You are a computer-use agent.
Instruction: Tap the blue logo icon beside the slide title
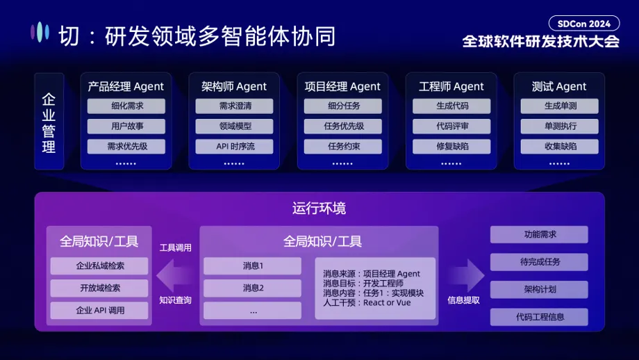[40, 32]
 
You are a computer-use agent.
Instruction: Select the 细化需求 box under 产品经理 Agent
[126, 106]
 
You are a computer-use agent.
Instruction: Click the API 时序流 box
[234, 147]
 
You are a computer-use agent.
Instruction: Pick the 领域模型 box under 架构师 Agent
[234, 126]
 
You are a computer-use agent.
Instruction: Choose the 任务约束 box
[342, 147]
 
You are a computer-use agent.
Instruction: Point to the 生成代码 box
[451, 106]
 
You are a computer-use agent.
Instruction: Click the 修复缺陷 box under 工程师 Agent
[451, 147]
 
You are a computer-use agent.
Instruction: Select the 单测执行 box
[560, 126]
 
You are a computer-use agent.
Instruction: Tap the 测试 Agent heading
[559, 87]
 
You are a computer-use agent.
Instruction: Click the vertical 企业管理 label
[49, 122]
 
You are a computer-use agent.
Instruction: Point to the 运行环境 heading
[319, 208]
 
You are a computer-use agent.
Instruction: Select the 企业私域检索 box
[99, 266]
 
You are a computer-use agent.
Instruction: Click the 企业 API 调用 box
[99, 310]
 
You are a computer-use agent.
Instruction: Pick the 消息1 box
[253, 266]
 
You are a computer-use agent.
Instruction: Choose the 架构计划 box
[539, 290]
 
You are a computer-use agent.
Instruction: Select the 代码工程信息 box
[539, 317]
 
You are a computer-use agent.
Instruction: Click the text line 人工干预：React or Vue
[367, 303]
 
